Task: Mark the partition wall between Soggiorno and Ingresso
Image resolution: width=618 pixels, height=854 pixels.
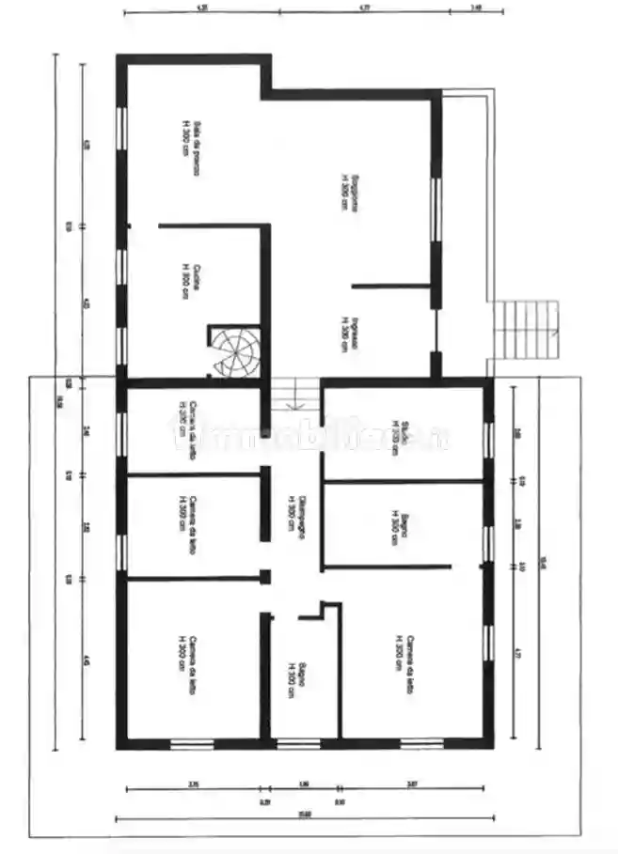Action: click(391, 284)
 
